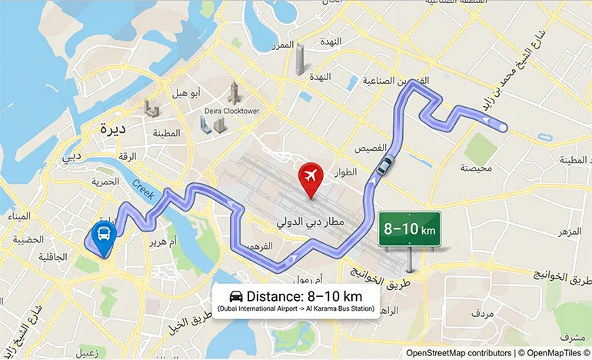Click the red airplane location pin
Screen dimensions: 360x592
tap(311, 178)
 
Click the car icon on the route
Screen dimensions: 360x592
tap(385, 164)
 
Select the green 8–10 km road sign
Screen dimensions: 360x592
tap(409, 229)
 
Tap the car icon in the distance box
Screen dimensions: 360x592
tap(236, 297)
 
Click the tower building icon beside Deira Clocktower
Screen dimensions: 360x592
tap(234, 93)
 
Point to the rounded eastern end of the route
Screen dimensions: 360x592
tap(501, 128)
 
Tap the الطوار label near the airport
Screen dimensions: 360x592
tap(346, 173)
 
